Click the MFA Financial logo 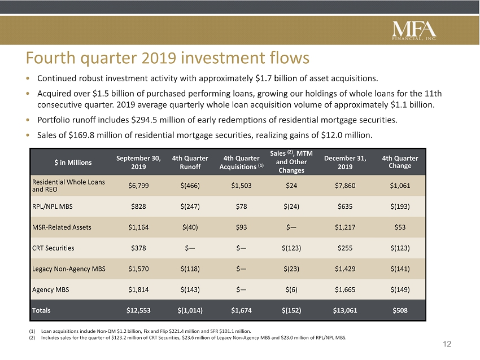(414, 30)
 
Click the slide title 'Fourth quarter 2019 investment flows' (168, 58)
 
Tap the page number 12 (447, 344)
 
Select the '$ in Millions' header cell (73, 163)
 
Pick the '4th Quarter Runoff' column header (190, 163)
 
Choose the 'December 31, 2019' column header (345, 163)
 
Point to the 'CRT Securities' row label (53, 248)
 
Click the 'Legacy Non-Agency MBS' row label (68, 269)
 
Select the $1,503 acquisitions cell (241, 186)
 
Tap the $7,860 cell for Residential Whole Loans (345, 186)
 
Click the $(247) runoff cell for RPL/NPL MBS (190, 207)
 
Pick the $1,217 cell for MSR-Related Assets (345, 227)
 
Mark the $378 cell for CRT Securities (138, 248)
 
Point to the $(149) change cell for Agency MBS (400, 289)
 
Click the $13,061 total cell (345, 310)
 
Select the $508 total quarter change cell (400, 310)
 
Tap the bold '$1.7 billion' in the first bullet (276, 78)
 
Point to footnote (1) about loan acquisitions (140, 331)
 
